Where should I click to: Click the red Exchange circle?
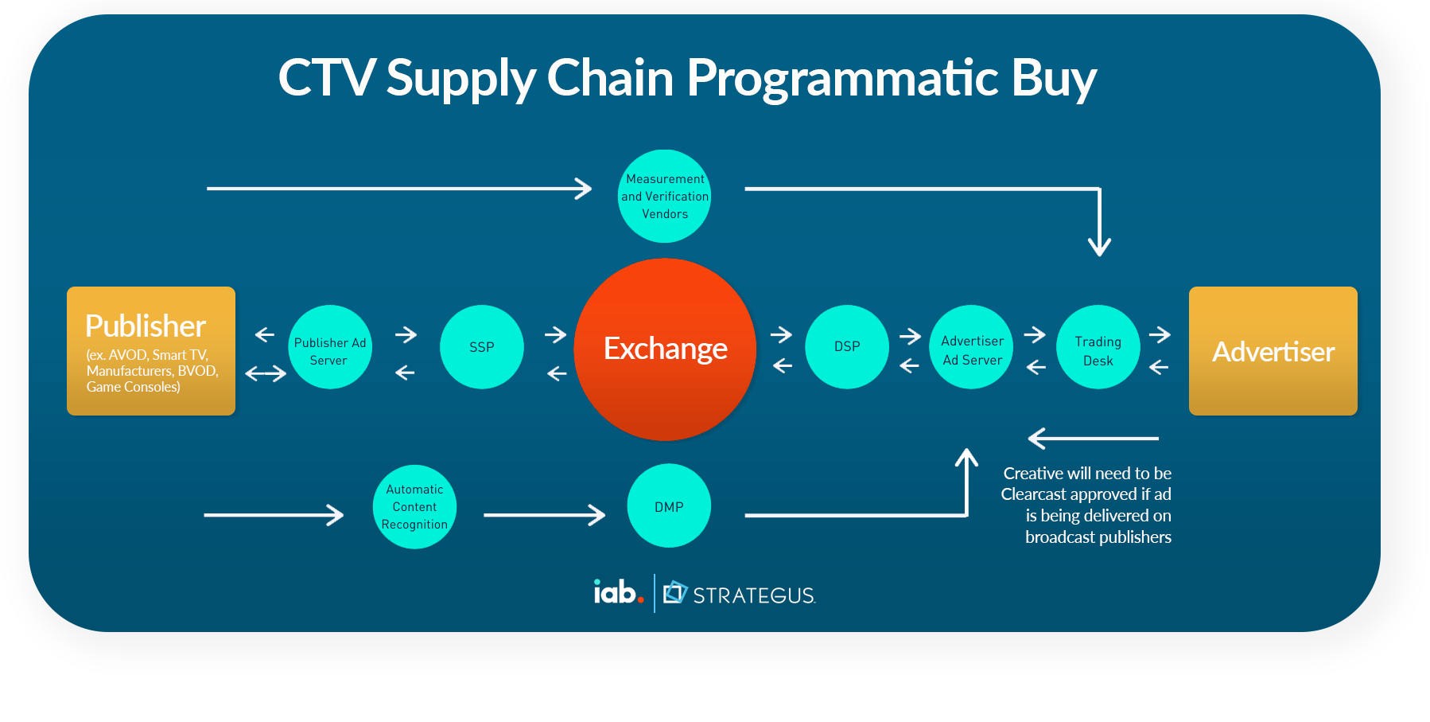[x=665, y=349]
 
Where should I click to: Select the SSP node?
[x=481, y=347]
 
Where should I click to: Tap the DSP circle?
[x=846, y=347]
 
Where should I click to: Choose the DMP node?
[x=668, y=506]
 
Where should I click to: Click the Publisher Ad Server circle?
[x=330, y=347]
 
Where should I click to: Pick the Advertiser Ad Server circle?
[x=971, y=347]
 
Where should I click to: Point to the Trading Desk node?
[x=1098, y=347]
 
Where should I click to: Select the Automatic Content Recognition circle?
[x=414, y=506]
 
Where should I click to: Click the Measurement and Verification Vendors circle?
[x=664, y=196]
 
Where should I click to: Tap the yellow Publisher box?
[x=151, y=350]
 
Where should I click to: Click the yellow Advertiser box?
[x=1273, y=350]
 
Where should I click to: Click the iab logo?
[x=618, y=592]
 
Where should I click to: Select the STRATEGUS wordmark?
[x=753, y=595]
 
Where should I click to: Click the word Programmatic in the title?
[x=842, y=78]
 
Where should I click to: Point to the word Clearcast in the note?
[x=1038, y=494]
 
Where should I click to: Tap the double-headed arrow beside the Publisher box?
[x=266, y=373]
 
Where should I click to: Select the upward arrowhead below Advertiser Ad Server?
[x=966, y=459]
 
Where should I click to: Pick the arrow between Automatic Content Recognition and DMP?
[x=544, y=515]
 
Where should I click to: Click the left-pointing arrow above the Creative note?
[x=1093, y=438]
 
